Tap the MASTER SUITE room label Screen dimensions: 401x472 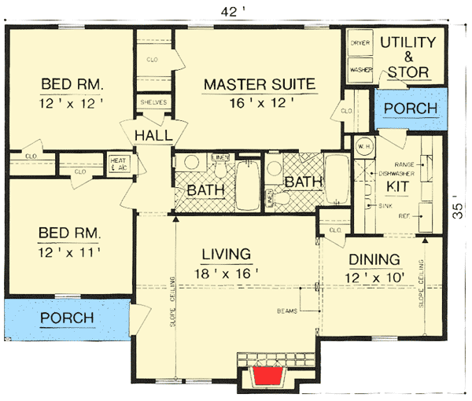coord(260,84)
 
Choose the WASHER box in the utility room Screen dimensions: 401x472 coord(360,68)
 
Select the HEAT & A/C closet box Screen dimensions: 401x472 coord(118,163)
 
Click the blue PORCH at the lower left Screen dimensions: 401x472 coord(67,318)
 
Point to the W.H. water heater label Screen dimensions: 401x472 coord(363,146)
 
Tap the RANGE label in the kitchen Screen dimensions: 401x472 coord(405,165)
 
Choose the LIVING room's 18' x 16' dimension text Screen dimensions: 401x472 coord(224,273)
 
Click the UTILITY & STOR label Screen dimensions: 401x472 coord(407,57)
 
